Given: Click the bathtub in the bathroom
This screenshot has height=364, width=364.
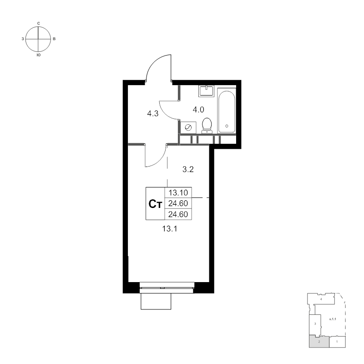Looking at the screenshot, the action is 227,111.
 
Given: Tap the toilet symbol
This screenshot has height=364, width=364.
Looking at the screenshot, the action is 207,126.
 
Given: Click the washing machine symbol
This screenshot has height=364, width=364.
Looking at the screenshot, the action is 188,127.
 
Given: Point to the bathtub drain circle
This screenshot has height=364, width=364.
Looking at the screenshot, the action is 227,126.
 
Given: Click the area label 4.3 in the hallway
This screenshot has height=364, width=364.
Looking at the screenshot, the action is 153,113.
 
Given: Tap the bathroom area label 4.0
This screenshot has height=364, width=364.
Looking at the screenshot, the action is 198,109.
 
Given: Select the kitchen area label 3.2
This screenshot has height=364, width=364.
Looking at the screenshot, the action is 188,169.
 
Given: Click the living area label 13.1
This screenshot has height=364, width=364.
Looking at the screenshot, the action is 170,229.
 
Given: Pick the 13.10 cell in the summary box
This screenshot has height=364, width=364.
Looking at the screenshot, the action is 178,192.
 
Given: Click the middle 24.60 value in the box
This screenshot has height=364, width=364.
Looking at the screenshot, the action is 178,203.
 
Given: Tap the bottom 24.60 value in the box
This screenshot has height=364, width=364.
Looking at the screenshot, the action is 178,214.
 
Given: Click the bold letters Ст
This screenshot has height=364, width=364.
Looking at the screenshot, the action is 155,204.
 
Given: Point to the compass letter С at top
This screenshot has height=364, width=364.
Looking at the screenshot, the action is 39,23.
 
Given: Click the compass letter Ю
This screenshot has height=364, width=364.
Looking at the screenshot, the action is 39,55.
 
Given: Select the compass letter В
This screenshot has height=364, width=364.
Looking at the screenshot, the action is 54,39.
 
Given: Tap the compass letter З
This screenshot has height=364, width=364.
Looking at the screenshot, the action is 23,39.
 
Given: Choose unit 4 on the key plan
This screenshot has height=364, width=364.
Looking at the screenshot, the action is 321,299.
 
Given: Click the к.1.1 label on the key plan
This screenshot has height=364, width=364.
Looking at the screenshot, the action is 333,319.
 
